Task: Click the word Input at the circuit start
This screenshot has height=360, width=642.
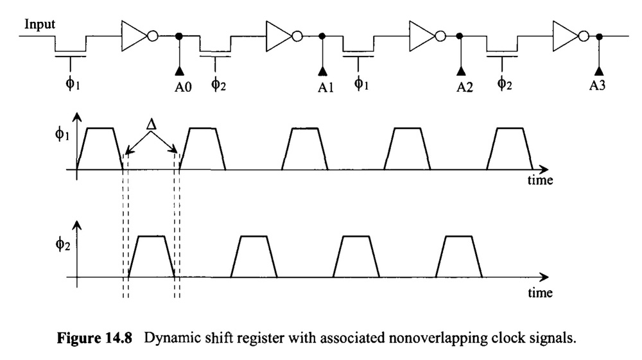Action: pyautogui.click(x=40, y=24)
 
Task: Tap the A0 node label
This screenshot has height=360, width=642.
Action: pyautogui.click(x=183, y=87)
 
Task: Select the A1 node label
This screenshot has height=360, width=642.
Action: pyautogui.click(x=326, y=87)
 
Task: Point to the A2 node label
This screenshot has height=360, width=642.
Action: pyautogui.click(x=465, y=87)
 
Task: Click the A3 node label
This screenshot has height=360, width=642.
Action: pyautogui.click(x=597, y=85)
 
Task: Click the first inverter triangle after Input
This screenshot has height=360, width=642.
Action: pyautogui.click(x=134, y=36)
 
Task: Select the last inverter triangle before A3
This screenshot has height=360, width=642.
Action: pyautogui.click(x=566, y=36)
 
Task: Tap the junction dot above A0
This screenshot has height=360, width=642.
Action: pyautogui.click(x=179, y=37)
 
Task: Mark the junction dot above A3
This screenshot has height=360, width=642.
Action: pyautogui.click(x=599, y=37)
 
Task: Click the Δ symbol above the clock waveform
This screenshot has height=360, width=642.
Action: pyautogui.click(x=152, y=124)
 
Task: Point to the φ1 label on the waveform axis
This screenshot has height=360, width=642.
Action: pyautogui.click(x=62, y=134)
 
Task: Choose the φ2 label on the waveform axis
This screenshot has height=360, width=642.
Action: pyautogui.click(x=63, y=244)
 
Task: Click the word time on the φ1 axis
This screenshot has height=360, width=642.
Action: pyautogui.click(x=540, y=180)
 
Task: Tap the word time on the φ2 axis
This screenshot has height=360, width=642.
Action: pyautogui.click(x=540, y=293)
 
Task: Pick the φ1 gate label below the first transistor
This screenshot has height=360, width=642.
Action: pyautogui.click(x=73, y=84)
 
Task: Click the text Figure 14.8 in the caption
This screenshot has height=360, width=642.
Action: pyautogui.click(x=94, y=338)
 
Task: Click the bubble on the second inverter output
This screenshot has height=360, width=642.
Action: pyautogui.click(x=297, y=37)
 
